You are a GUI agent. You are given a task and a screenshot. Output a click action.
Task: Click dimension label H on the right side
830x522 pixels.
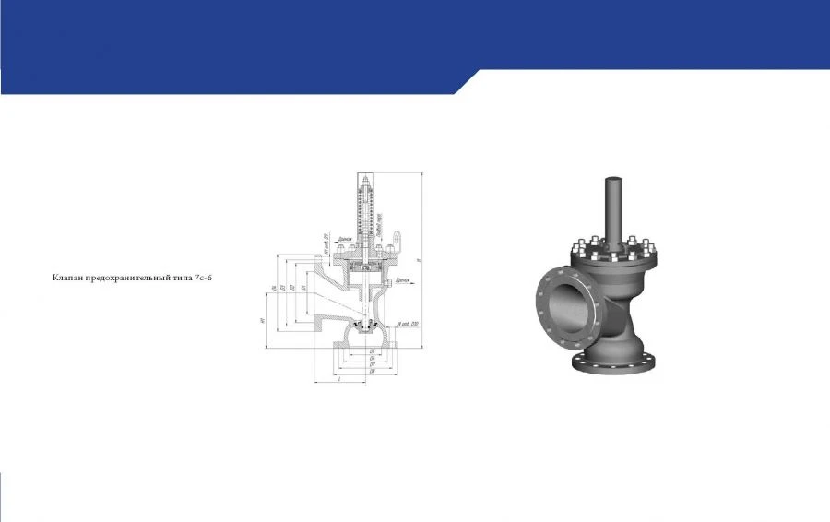pyautogui.click(x=421, y=261)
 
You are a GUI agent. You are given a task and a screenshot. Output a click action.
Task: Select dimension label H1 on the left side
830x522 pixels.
pyautogui.click(x=264, y=319)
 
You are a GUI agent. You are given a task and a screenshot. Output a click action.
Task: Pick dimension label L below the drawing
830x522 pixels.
pyautogui.click(x=339, y=379)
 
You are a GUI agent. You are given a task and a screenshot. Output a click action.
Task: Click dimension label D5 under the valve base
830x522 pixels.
pyautogui.click(x=371, y=351)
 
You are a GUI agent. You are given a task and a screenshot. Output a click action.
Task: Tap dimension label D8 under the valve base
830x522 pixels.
pyautogui.click(x=371, y=371)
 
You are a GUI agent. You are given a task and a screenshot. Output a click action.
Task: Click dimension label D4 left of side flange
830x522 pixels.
pyautogui.click(x=274, y=288)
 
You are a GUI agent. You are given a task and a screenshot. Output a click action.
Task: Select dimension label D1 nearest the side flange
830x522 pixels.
pyautogui.click(x=303, y=288)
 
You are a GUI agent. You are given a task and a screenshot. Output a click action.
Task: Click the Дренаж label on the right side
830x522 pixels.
pyautogui.click(x=401, y=278)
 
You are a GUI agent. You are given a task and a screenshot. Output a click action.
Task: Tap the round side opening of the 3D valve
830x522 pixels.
pyautogui.click(x=563, y=299)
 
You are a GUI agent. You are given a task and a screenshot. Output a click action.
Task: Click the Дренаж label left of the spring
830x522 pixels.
pyautogui.click(x=346, y=239)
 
